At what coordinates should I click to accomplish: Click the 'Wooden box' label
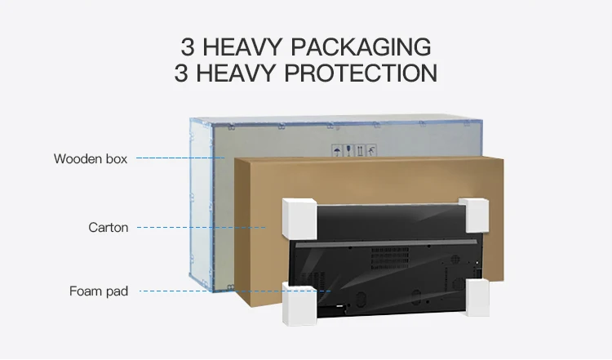tap(91, 159)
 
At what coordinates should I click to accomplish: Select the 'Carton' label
tap(109, 228)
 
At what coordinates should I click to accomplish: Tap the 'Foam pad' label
tap(99, 291)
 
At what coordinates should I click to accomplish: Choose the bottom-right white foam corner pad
tap(478, 298)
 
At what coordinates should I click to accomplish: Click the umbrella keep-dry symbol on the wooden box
tap(336, 150)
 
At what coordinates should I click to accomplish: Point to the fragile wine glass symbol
tap(348, 150)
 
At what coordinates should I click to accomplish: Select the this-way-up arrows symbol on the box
tap(360, 150)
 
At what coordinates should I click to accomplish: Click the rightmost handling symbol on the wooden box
tap(372, 150)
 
